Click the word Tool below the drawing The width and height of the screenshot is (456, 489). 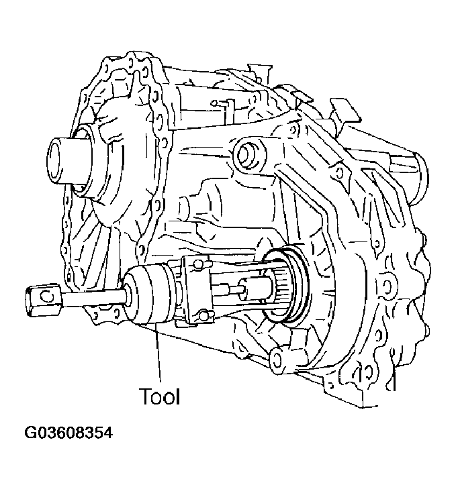(159, 396)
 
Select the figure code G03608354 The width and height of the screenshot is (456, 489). (69, 433)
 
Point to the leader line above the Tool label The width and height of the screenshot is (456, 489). (159, 356)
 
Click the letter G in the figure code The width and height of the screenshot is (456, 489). (31, 433)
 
